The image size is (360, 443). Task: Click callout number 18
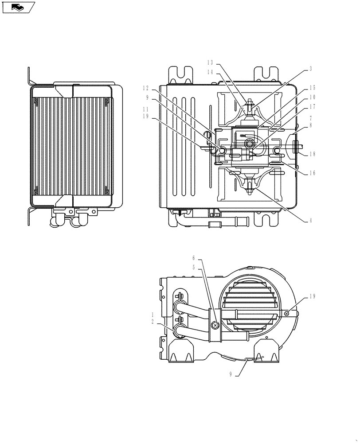point(313,154)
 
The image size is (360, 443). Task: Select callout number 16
point(313,173)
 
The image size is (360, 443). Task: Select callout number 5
point(194,267)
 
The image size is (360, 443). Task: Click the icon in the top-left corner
point(18,7)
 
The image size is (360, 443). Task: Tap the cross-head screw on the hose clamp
point(215,326)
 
